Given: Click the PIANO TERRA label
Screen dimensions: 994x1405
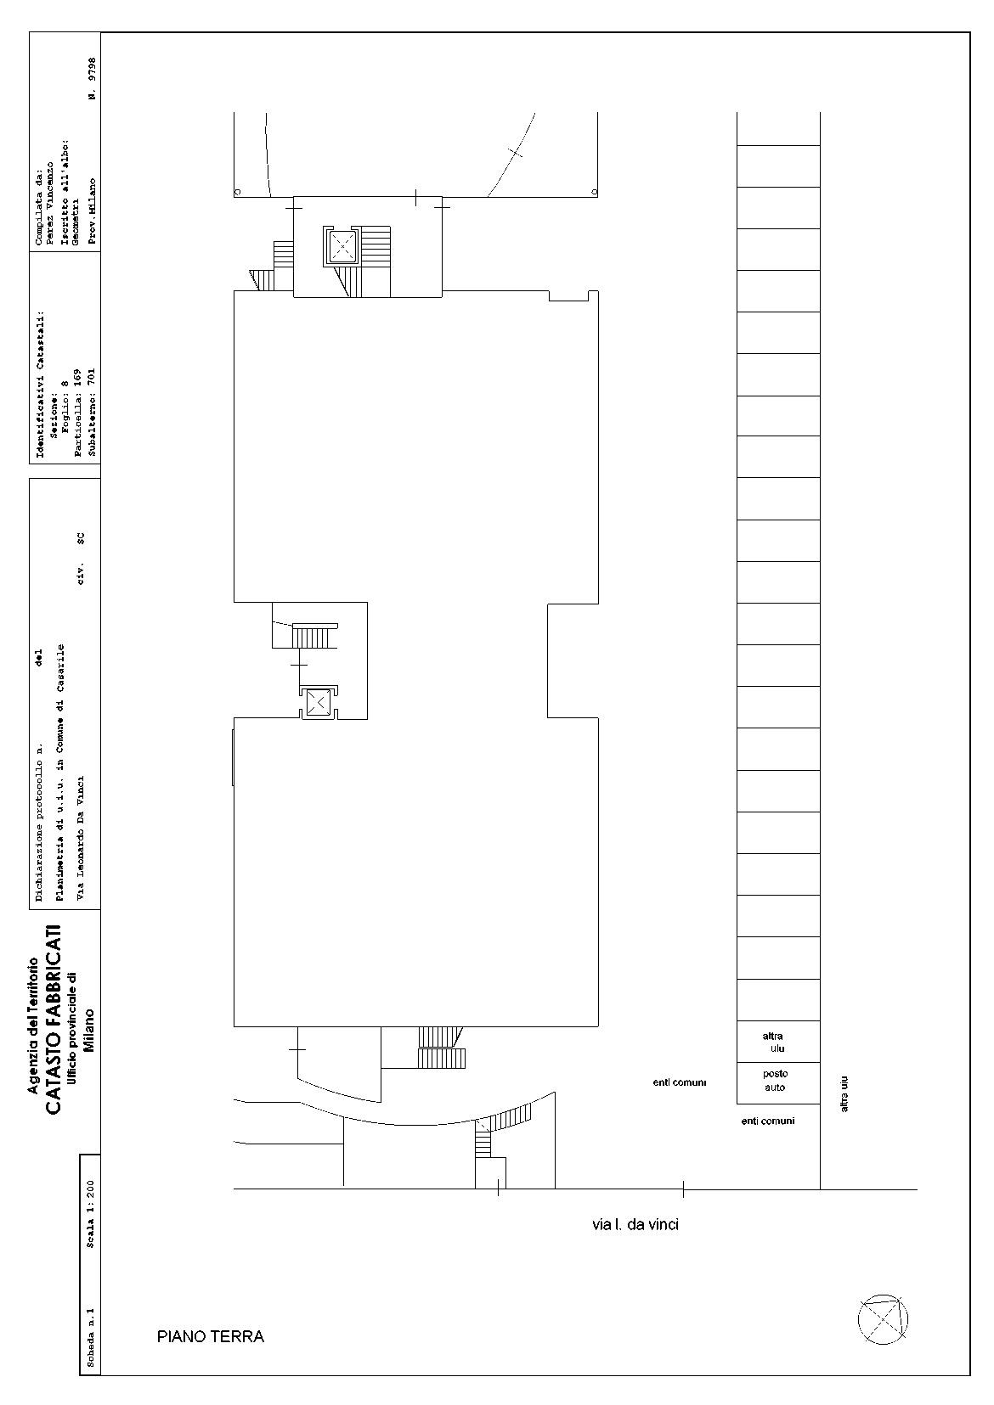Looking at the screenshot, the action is tap(210, 1336).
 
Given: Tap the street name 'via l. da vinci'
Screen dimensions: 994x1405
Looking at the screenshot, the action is tap(635, 1225).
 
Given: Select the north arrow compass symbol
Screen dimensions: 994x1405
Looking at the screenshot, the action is tap(883, 1320).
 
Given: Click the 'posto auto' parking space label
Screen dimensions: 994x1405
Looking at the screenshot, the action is tap(776, 1081).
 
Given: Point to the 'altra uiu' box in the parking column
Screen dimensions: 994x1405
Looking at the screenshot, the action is tap(778, 1042).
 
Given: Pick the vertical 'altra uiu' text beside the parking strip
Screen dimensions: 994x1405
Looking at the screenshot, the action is tap(844, 1094).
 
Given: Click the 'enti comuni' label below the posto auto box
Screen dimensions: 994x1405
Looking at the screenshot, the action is tap(767, 1121).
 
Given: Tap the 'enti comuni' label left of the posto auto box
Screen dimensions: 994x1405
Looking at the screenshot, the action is tap(680, 1082).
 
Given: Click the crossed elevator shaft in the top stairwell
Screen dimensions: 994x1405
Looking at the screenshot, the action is tap(342, 246).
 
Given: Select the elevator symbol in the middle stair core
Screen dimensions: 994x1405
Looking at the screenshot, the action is tap(319, 702).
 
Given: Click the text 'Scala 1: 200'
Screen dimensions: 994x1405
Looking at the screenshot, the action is tap(90, 1206).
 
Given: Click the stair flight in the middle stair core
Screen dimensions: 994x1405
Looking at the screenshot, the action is tap(311, 636).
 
